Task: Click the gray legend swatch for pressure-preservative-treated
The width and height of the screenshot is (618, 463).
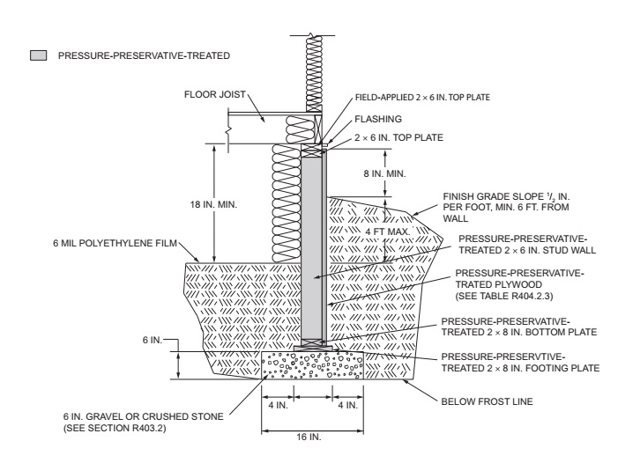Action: pyautogui.click(x=38, y=55)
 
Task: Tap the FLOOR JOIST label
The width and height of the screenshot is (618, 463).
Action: pyautogui.click(x=215, y=94)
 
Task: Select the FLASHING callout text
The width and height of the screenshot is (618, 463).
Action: pyautogui.click(x=378, y=119)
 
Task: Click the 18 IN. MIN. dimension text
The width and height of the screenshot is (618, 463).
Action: pyautogui.click(x=213, y=204)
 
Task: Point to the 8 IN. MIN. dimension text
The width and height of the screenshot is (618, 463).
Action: pyautogui.click(x=384, y=173)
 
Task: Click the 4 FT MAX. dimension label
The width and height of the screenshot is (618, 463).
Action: pyautogui.click(x=387, y=231)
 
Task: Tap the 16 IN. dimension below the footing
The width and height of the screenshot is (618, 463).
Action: pyautogui.click(x=309, y=437)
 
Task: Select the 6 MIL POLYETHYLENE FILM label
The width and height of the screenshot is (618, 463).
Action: pyautogui.click(x=115, y=243)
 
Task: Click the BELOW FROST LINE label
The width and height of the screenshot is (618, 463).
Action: pyautogui.click(x=487, y=401)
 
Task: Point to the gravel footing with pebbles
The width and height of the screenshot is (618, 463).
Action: pyautogui.click(x=313, y=365)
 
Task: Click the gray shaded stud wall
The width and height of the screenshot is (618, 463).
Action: pyautogui.click(x=312, y=248)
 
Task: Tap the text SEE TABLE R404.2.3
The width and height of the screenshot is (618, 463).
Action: pyautogui.click(x=504, y=296)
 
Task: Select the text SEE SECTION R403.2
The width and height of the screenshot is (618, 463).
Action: pyautogui.click(x=115, y=428)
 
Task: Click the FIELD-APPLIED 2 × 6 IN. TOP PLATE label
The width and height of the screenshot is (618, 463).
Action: pyautogui.click(x=422, y=97)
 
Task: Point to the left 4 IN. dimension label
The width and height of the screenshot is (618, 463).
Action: pyautogui.click(x=279, y=405)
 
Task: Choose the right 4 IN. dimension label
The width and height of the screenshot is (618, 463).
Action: pyautogui.click(x=347, y=405)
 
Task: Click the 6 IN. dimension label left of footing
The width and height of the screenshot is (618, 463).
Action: pyautogui.click(x=153, y=340)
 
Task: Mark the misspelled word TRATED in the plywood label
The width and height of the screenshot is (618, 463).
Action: pyautogui.click(x=474, y=284)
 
